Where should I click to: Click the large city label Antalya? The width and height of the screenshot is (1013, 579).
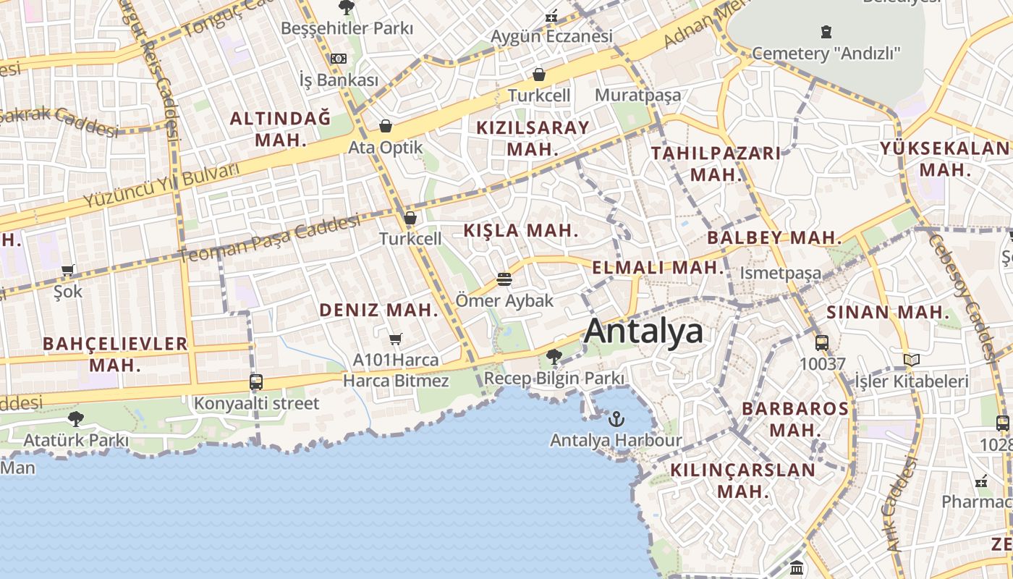(x=643, y=331)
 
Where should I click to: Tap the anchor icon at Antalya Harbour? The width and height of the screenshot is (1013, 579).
(x=616, y=418)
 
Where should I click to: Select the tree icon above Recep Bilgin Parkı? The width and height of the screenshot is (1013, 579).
(x=554, y=356)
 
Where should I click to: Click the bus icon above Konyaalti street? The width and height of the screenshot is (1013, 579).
(x=255, y=381)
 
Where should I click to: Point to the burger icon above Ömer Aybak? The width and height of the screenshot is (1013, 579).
(x=504, y=279)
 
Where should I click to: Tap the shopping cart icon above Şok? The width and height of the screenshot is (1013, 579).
(x=68, y=271)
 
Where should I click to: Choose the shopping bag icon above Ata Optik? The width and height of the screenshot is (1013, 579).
(x=386, y=127)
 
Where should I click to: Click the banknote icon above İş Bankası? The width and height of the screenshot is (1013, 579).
(x=339, y=59)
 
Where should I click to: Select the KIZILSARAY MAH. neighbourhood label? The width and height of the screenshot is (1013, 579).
(x=533, y=138)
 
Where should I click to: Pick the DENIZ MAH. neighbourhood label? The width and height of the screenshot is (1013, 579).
(x=379, y=310)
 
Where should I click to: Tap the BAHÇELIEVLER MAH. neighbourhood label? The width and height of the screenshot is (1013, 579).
(x=115, y=354)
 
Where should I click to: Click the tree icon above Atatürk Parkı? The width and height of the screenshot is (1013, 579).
(x=75, y=418)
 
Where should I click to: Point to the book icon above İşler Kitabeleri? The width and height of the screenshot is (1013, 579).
(x=912, y=360)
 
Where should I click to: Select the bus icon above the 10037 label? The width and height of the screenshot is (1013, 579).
(x=822, y=342)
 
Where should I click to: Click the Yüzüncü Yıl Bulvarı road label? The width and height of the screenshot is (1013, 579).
(x=161, y=185)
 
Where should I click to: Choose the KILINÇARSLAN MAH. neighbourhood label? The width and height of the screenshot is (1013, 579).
(x=743, y=481)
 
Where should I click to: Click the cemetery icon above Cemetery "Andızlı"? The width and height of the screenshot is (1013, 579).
(x=826, y=32)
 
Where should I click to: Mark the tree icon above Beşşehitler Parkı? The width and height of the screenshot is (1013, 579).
(x=347, y=8)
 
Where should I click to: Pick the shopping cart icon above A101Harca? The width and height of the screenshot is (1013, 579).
(x=395, y=339)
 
